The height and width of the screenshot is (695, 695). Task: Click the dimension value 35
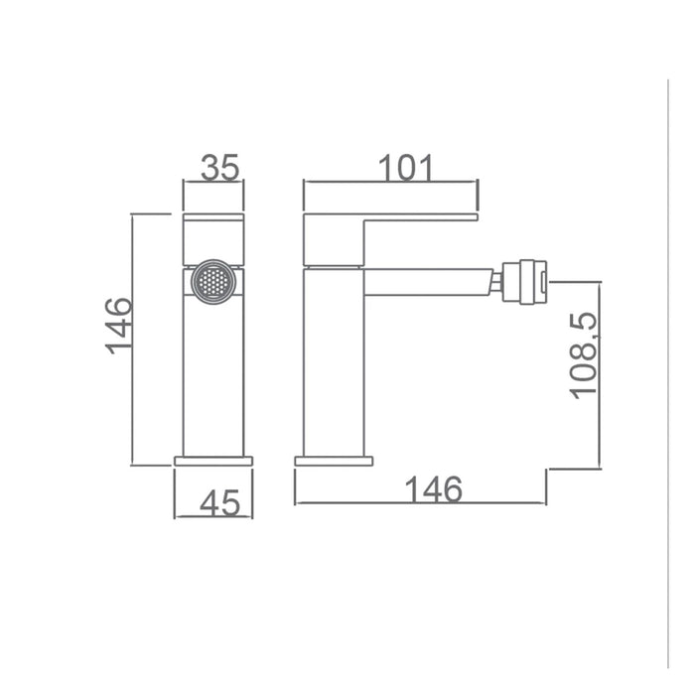click(219, 167)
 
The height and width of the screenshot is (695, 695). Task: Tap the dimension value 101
click(405, 168)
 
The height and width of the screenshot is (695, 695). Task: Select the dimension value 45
click(219, 503)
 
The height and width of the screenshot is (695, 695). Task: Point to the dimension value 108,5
click(584, 355)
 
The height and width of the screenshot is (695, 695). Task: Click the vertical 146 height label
click(118, 326)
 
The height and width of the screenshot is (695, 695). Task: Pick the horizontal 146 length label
click(434, 489)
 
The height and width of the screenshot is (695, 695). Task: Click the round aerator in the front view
click(213, 282)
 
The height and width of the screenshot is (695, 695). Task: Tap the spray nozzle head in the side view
click(525, 282)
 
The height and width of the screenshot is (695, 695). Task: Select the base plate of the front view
click(213, 461)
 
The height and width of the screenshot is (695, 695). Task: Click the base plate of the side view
click(334, 461)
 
